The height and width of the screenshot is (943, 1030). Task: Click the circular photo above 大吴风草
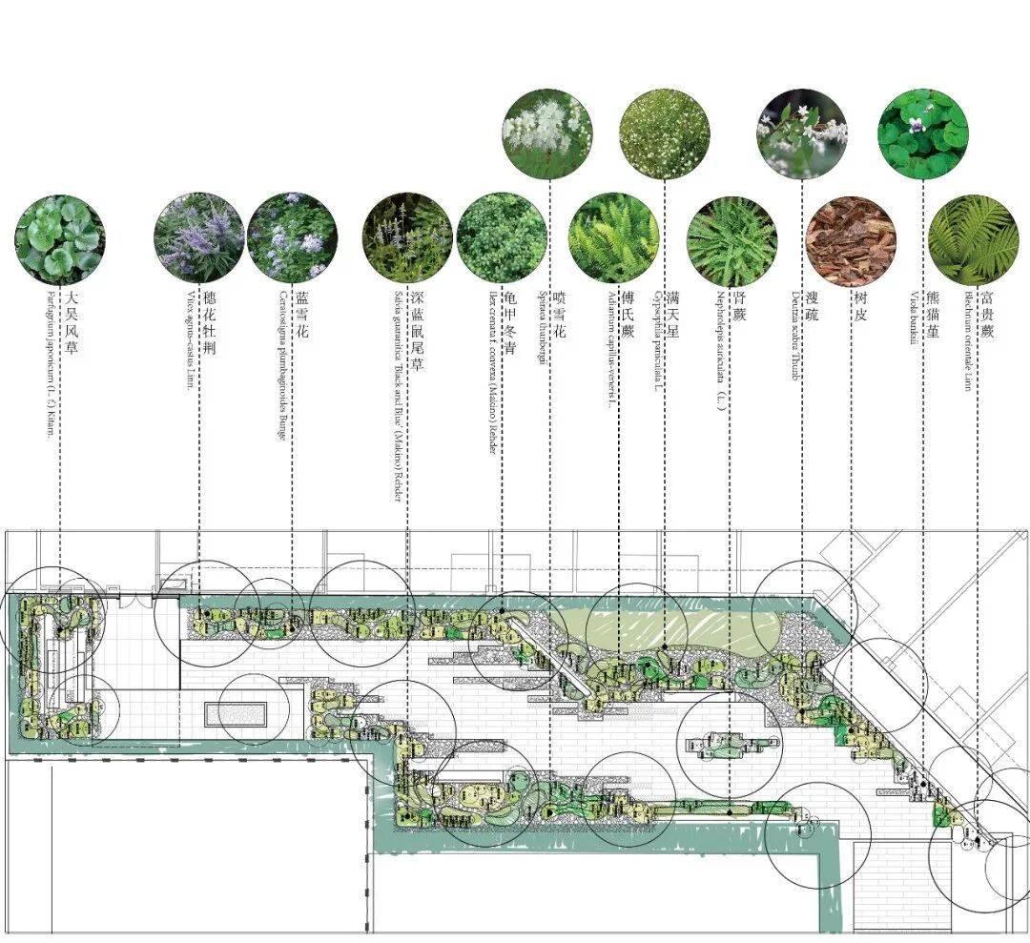point(60,238)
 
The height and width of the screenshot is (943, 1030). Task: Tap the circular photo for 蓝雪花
point(292,238)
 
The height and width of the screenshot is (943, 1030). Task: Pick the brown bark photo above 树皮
point(851,241)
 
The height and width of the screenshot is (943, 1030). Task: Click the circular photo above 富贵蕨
point(974,240)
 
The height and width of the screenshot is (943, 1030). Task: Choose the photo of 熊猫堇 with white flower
point(922,134)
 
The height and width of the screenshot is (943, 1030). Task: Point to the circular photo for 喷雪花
point(547,133)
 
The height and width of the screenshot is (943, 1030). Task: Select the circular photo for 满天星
point(664,133)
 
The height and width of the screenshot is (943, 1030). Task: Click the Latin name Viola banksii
point(913,333)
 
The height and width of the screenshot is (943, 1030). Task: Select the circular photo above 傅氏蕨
point(613,238)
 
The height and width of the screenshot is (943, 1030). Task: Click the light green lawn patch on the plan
point(668,629)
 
